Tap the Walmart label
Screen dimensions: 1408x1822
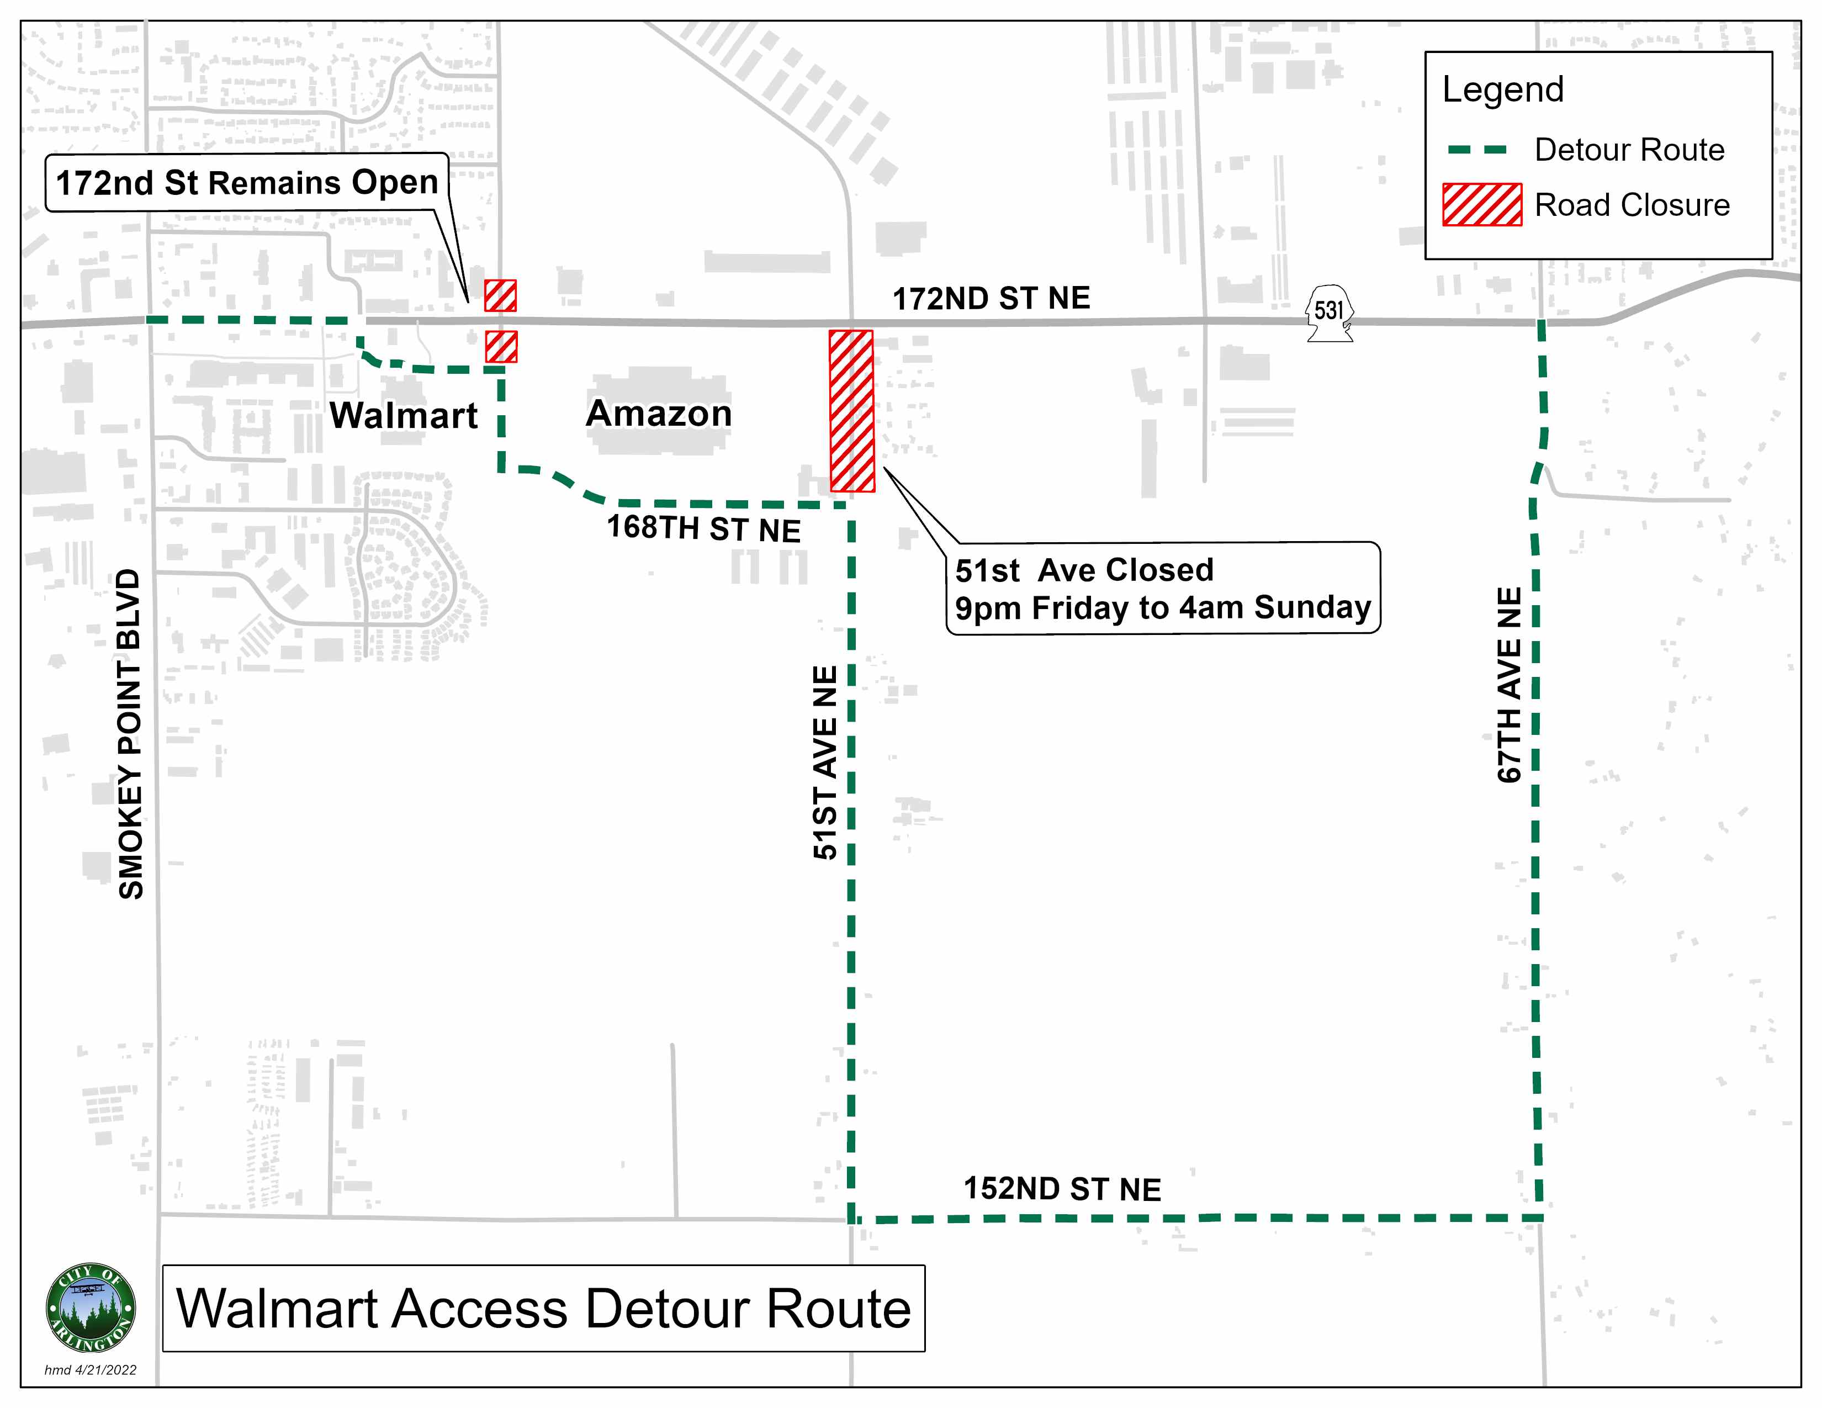click(404, 415)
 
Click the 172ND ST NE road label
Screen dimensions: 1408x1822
click(991, 298)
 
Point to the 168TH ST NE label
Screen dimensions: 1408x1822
click(703, 528)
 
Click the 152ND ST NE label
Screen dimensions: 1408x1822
click(1062, 1189)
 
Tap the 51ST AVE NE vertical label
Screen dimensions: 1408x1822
click(824, 761)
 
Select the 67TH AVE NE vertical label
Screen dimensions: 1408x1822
click(1509, 684)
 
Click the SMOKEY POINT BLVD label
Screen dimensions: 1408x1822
click(131, 733)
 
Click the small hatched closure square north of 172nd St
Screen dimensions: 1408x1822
click(501, 295)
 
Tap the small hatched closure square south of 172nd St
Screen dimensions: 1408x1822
click(501, 346)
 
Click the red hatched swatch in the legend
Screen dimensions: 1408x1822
click(1482, 204)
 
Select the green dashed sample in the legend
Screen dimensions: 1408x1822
click(1477, 150)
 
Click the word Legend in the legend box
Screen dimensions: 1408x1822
click(1502, 89)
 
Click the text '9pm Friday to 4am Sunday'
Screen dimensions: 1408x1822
click(1163, 608)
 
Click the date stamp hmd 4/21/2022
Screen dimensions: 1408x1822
click(90, 1370)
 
